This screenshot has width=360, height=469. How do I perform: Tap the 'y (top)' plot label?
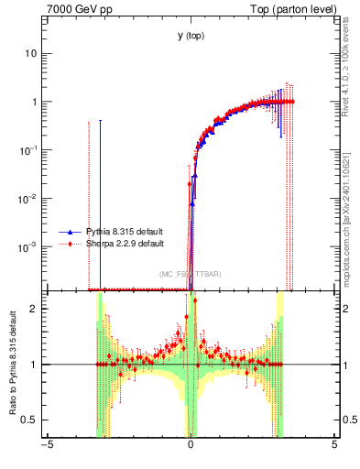coord(191,36)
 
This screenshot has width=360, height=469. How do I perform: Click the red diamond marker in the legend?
coord(69,244)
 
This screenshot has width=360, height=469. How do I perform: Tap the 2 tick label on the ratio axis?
coord(36,309)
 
